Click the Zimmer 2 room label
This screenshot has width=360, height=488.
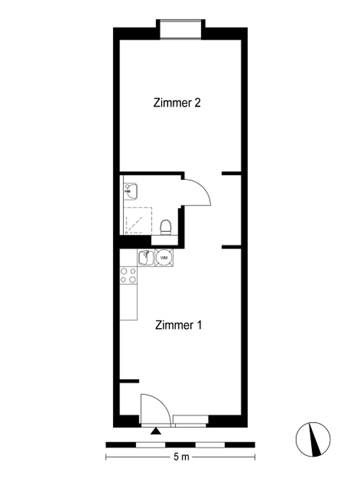tap(177, 103)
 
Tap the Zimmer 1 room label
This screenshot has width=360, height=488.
tap(178, 325)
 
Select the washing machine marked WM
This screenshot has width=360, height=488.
tap(164, 257)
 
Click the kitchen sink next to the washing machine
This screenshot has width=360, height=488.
tap(146, 258)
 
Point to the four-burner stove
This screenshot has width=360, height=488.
tap(129, 275)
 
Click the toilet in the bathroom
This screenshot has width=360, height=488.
tap(166, 227)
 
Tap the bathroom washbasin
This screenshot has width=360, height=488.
tap(131, 191)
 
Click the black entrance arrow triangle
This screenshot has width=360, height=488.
tap(156, 431)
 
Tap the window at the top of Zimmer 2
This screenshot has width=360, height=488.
tap(181, 29)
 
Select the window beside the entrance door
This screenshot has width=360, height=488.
tap(191, 420)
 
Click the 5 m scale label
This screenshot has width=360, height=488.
tap(181, 457)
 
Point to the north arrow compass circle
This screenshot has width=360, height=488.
tap(313, 439)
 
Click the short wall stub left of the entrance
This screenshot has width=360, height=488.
tap(129, 381)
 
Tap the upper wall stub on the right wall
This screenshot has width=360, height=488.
tap(231, 173)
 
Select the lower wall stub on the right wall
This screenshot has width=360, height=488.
tap(231, 247)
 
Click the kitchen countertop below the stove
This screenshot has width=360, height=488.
tap(129, 302)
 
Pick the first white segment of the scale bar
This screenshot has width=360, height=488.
tap(151, 445)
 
